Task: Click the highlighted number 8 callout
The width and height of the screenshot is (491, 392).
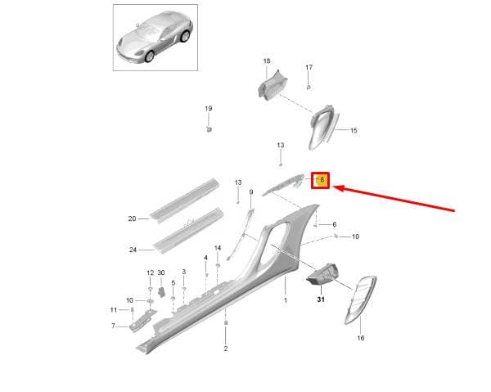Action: click(320, 180)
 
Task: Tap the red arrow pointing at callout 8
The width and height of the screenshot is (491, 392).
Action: click(394, 199)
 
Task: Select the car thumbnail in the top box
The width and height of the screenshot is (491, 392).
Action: click(155, 37)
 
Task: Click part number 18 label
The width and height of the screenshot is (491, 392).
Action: click(267, 61)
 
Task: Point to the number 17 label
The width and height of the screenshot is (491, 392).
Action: click(309, 67)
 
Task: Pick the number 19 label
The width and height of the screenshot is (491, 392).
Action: click(209, 108)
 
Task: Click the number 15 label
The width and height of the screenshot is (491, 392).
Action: click(354, 130)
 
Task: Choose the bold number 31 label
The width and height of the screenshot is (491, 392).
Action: click(321, 300)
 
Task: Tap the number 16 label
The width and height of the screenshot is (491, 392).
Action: click(361, 338)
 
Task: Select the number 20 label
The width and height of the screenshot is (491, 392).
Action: click(132, 219)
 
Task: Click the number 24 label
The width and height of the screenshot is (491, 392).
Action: click(133, 250)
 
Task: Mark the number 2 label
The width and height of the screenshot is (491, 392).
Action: click(226, 349)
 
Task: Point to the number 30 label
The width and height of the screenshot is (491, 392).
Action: click(161, 273)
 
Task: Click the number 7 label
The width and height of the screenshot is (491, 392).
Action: click(114, 326)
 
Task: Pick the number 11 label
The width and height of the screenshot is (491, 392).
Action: click(114, 309)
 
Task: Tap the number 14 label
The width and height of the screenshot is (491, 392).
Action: click(218, 248)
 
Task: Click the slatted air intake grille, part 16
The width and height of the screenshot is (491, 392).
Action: click(360, 300)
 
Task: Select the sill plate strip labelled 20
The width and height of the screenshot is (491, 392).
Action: click(185, 201)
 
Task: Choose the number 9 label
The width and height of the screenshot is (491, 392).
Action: click(251, 192)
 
